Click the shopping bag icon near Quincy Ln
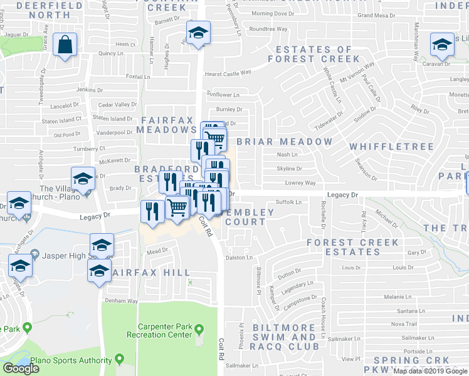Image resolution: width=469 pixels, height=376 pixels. [x=65, y=45]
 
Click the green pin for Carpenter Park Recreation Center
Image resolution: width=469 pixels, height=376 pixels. [x=199, y=328]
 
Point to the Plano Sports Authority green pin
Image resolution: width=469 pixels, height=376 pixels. [x=119, y=360]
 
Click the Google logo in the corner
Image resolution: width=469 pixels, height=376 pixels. [x=21, y=368]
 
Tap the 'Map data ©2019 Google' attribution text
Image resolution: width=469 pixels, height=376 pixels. [x=430, y=371]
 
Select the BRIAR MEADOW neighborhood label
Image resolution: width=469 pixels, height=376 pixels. [x=284, y=142]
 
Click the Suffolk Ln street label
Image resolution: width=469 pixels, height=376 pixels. [x=289, y=202]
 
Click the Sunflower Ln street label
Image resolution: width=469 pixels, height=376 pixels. [x=223, y=95]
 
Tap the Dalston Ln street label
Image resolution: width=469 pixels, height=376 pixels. [x=240, y=258]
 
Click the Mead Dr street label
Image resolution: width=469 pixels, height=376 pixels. [x=154, y=251]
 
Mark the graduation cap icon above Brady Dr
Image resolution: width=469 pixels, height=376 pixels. [x=83, y=179]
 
